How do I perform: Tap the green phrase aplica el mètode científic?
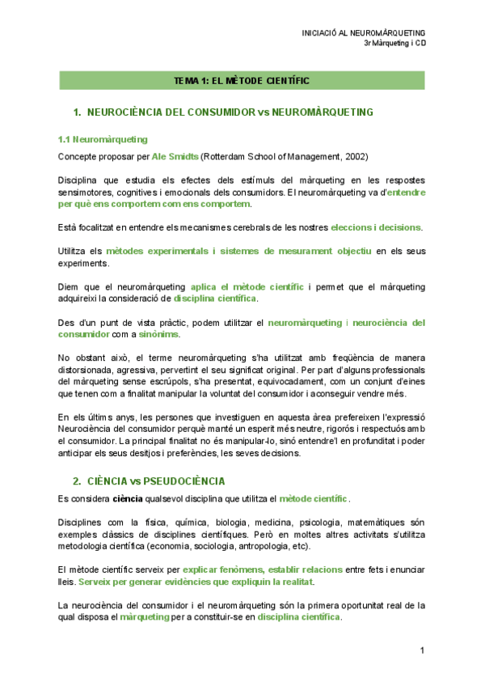click(x=247, y=286)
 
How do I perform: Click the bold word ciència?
click(x=128, y=498)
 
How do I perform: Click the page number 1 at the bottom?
click(x=422, y=650)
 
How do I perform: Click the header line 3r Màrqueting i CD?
click(x=395, y=44)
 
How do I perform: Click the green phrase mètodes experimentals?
click(x=153, y=251)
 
